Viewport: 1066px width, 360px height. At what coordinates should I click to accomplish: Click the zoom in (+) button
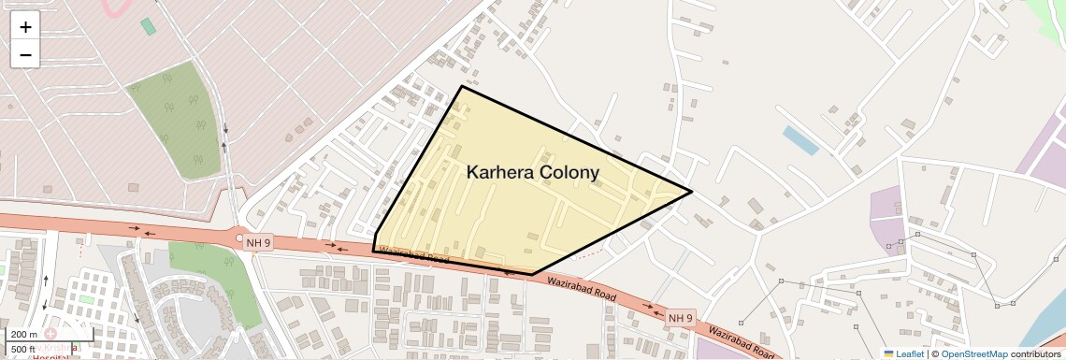(25, 27)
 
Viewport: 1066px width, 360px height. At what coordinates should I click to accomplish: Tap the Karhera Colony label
(532, 173)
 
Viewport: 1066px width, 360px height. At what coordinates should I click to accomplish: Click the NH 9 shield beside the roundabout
(259, 243)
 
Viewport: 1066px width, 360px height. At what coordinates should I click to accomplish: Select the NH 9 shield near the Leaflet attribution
(681, 318)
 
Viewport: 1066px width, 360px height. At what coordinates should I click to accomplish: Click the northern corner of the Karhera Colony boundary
(461, 87)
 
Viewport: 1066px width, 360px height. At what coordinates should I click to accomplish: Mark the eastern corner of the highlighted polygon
(691, 193)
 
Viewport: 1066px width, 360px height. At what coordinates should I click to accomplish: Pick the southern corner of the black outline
(533, 274)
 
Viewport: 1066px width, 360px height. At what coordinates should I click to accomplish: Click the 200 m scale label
(25, 334)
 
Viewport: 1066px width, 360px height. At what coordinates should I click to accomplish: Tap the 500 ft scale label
(25, 349)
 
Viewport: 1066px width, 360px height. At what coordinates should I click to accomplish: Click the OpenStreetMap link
(973, 353)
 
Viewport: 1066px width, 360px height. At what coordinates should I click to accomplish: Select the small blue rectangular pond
(800, 140)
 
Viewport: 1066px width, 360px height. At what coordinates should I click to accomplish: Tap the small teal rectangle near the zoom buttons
(148, 26)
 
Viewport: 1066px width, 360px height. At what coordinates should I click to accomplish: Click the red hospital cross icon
(50, 333)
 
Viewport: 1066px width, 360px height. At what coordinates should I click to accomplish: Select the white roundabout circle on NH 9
(240, 238)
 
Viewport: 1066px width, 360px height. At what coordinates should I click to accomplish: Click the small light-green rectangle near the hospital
(86, 299)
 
